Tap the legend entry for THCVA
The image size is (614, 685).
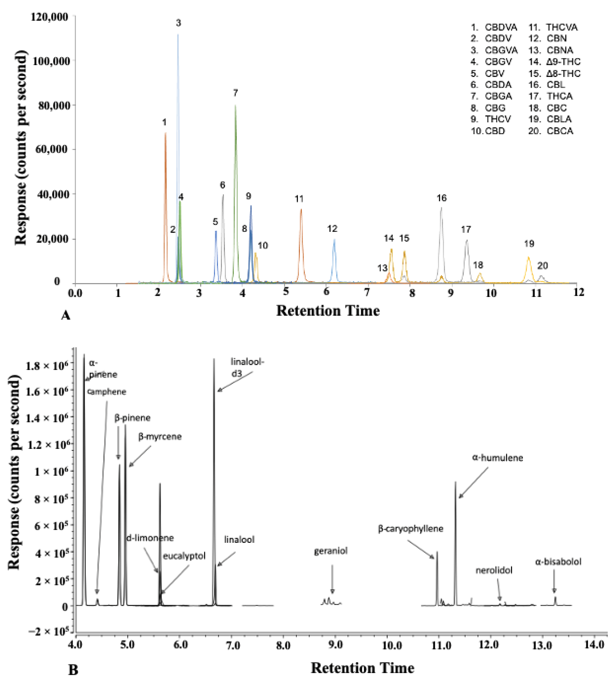click(x=553, y=27)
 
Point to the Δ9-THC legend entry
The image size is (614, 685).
click(x=555, y=62)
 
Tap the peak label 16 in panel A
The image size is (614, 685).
click(x=442, y=198)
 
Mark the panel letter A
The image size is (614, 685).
click(x=66, y=315)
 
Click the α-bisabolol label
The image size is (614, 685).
click(x=558, y=562)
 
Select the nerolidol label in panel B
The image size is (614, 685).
click(x=494, y=570)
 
